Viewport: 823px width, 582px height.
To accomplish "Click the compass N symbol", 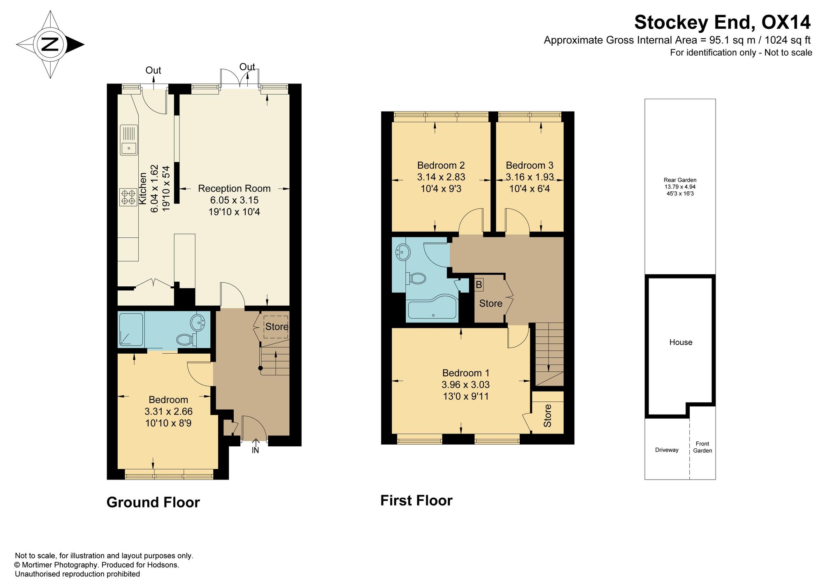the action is point(50,44).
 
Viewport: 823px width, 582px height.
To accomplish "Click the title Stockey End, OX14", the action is point(722,22).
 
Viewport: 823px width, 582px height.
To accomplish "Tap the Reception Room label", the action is point(234,188).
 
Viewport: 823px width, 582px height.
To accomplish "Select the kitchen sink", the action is point(129,140).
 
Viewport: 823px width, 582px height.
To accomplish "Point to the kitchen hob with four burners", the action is point(128,197).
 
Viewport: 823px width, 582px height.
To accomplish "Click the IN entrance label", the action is point(256,450).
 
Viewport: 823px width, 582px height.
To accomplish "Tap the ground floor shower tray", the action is point(131,329).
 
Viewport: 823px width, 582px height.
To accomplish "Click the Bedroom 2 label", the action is point(441,165).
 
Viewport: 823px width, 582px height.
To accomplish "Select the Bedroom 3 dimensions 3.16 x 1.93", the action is point(530,177).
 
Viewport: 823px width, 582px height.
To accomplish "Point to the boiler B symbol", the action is point(479,285).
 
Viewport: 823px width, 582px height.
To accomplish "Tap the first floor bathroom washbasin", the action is point(403,252).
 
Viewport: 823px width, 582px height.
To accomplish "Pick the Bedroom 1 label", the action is point(466,373).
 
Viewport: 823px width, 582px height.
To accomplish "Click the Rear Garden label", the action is point(680,180).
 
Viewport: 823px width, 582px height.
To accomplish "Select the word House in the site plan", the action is point(681,342).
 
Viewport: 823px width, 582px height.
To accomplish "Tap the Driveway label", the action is point(667,450).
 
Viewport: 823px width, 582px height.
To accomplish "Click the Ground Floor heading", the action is point(153,502).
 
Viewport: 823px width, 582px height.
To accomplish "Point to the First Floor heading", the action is point(416,501).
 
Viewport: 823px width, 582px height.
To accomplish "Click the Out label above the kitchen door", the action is point(153,70).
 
